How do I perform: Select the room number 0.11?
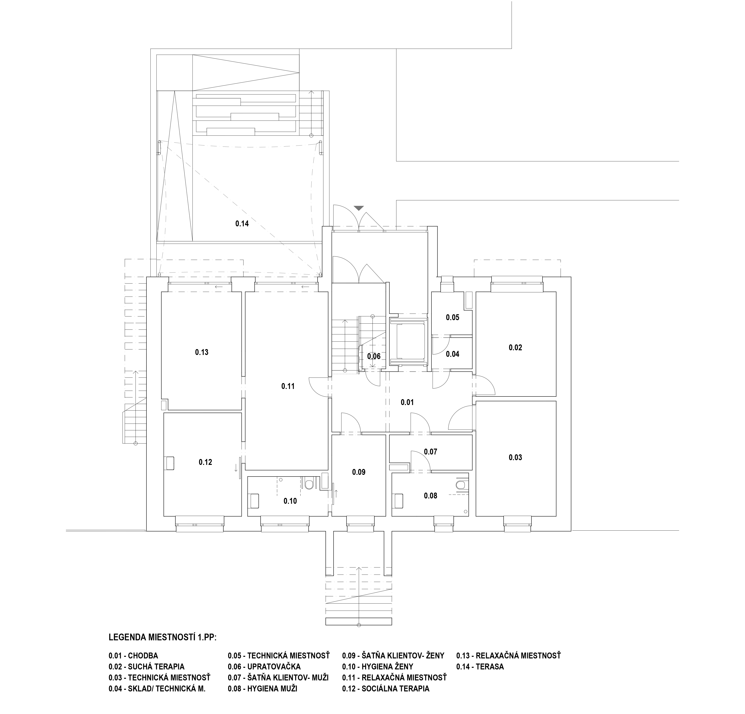pos(288,386)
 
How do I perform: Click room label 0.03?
pos(516,457)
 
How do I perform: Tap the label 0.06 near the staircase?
pos(374,356)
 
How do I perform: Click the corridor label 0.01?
pos(407,402)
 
